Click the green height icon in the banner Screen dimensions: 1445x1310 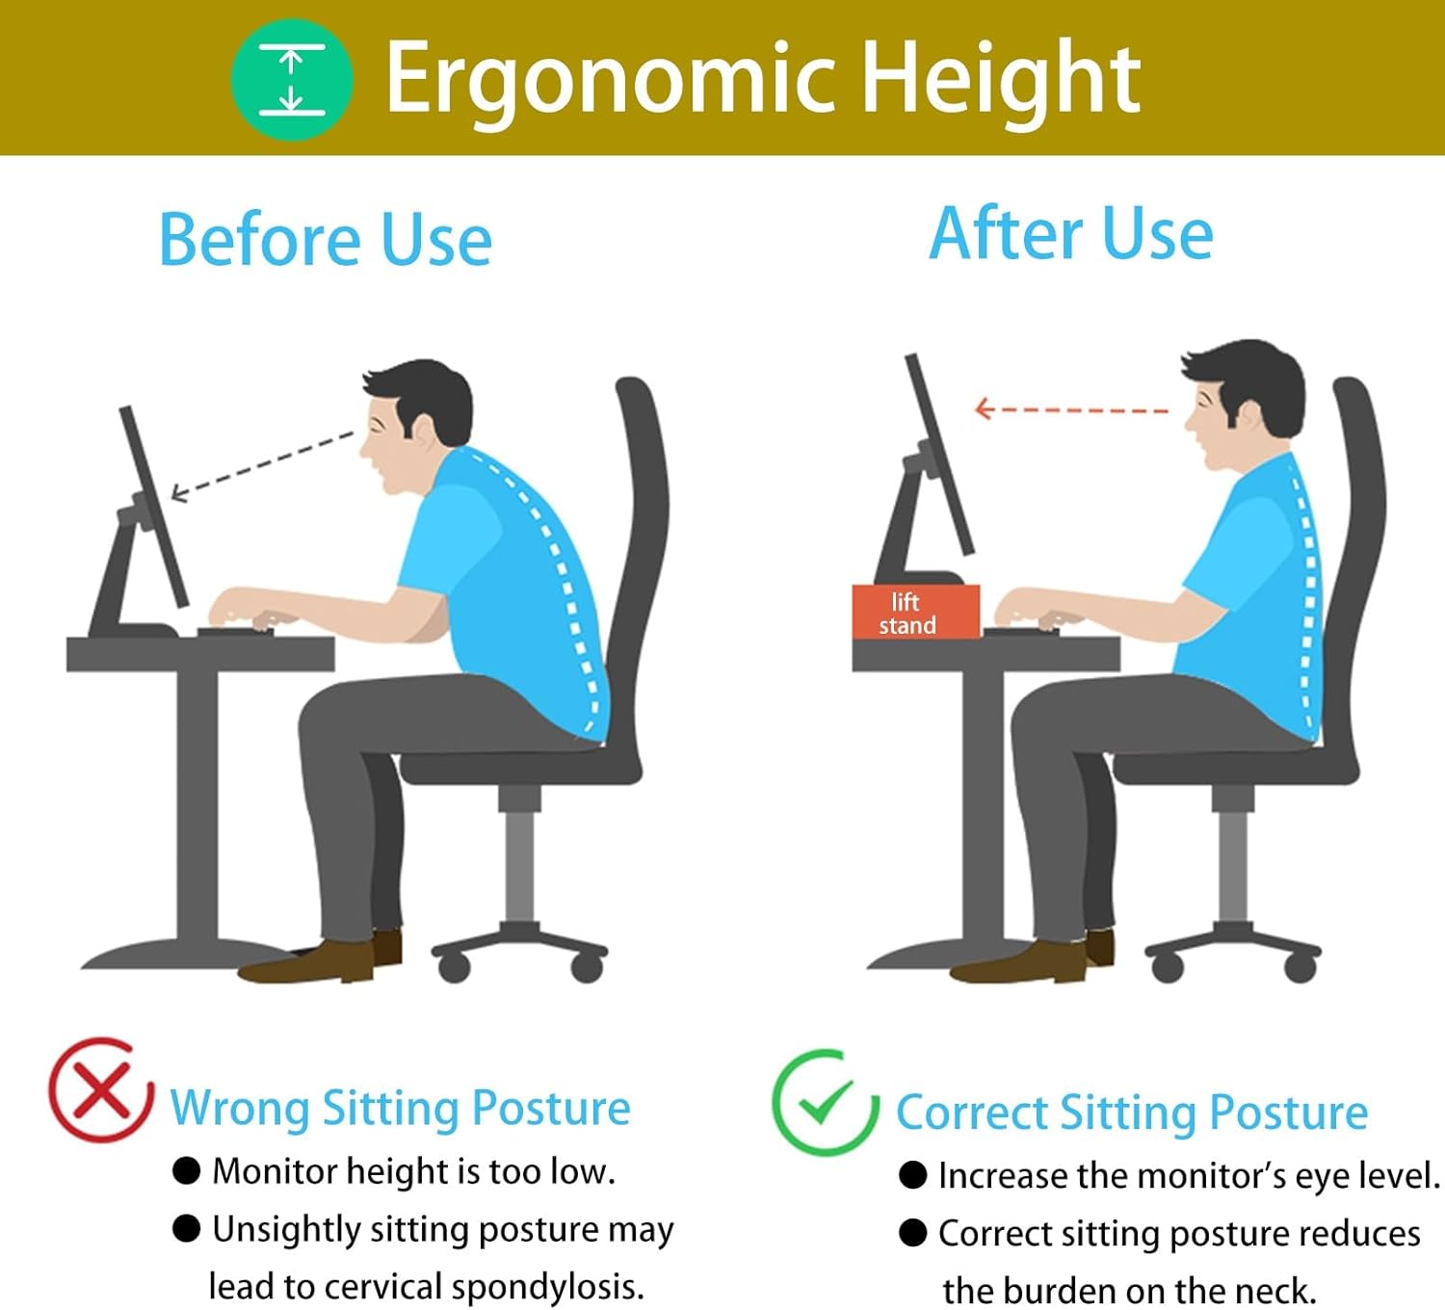pyautogui.click(x=292, y=79)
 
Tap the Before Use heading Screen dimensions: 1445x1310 pyautogui.click(x=326, y=240)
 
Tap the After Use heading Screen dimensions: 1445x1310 pyautogui.click(x=1071, y=233)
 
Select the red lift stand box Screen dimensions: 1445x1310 pyautogui.click(x=915, y=612)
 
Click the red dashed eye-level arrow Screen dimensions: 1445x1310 pyautogui.click(x=1071, y=409)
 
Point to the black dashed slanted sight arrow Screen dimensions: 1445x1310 pyautogui.click(x=262, y=466)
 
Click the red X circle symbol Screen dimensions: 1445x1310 pyautogui.click(x=101, y=1090)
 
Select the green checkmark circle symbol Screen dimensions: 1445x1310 pyautogui.click(x=826, y=1103)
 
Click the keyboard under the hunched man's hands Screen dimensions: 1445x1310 pyautogui.click(x=235, y=632)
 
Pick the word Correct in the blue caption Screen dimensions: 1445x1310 pyautogui.click(x=971, y=1113)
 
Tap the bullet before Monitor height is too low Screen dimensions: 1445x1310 pyautogui.click(x=187, y=1171)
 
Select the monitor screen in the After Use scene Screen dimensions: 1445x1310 pyautogui.click(x=939, y=454)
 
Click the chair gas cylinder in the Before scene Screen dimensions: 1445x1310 pyautogui.click(x=518, y=865)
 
